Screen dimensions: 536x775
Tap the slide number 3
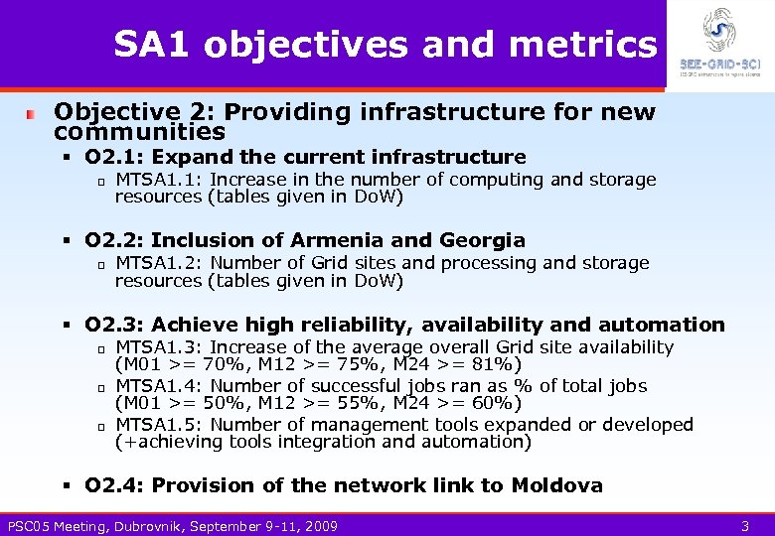(x=745, y=525)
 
